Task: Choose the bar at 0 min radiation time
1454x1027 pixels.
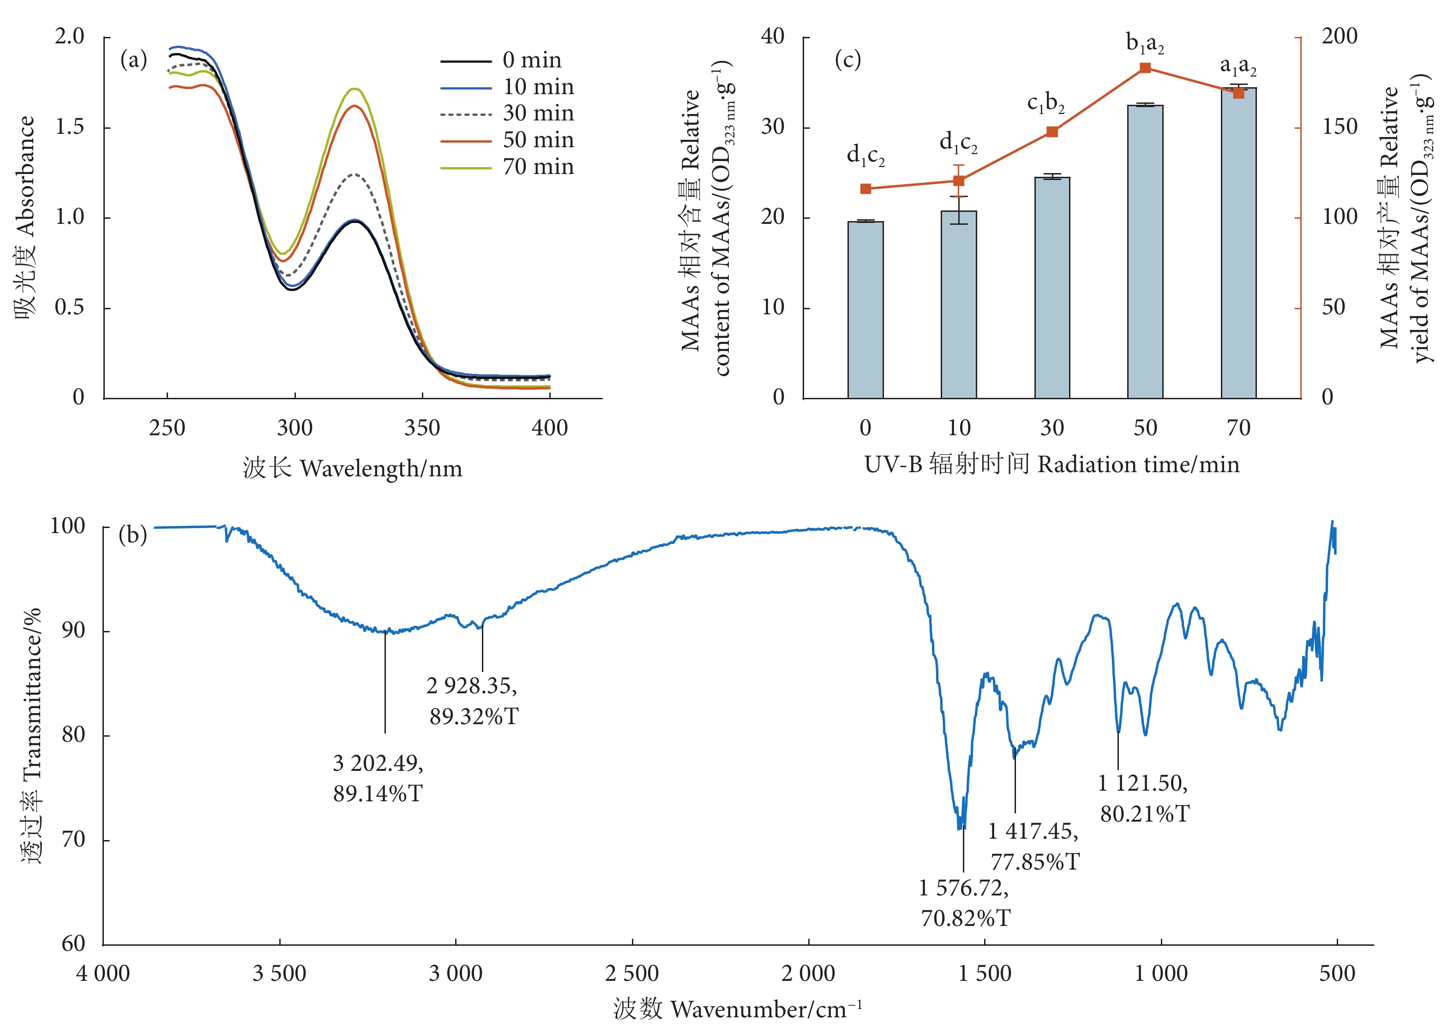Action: tap(865, 310)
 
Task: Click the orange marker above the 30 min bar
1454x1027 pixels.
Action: tap(1052, 132)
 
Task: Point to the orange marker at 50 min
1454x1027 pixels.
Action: tap(1145, 68)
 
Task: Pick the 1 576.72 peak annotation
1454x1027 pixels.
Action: tap(964, 902)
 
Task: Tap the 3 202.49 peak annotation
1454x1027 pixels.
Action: tap(378, 778)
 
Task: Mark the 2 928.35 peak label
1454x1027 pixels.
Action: tap(472, 700)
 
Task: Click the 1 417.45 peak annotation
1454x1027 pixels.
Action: tap(1033, 846)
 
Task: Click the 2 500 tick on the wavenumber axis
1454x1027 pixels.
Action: tap(631, 973)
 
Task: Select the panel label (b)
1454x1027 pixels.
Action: tap(132, 535)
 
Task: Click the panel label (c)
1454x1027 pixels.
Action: tap(847, 60)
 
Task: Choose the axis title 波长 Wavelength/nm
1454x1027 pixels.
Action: tap(352, 468)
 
